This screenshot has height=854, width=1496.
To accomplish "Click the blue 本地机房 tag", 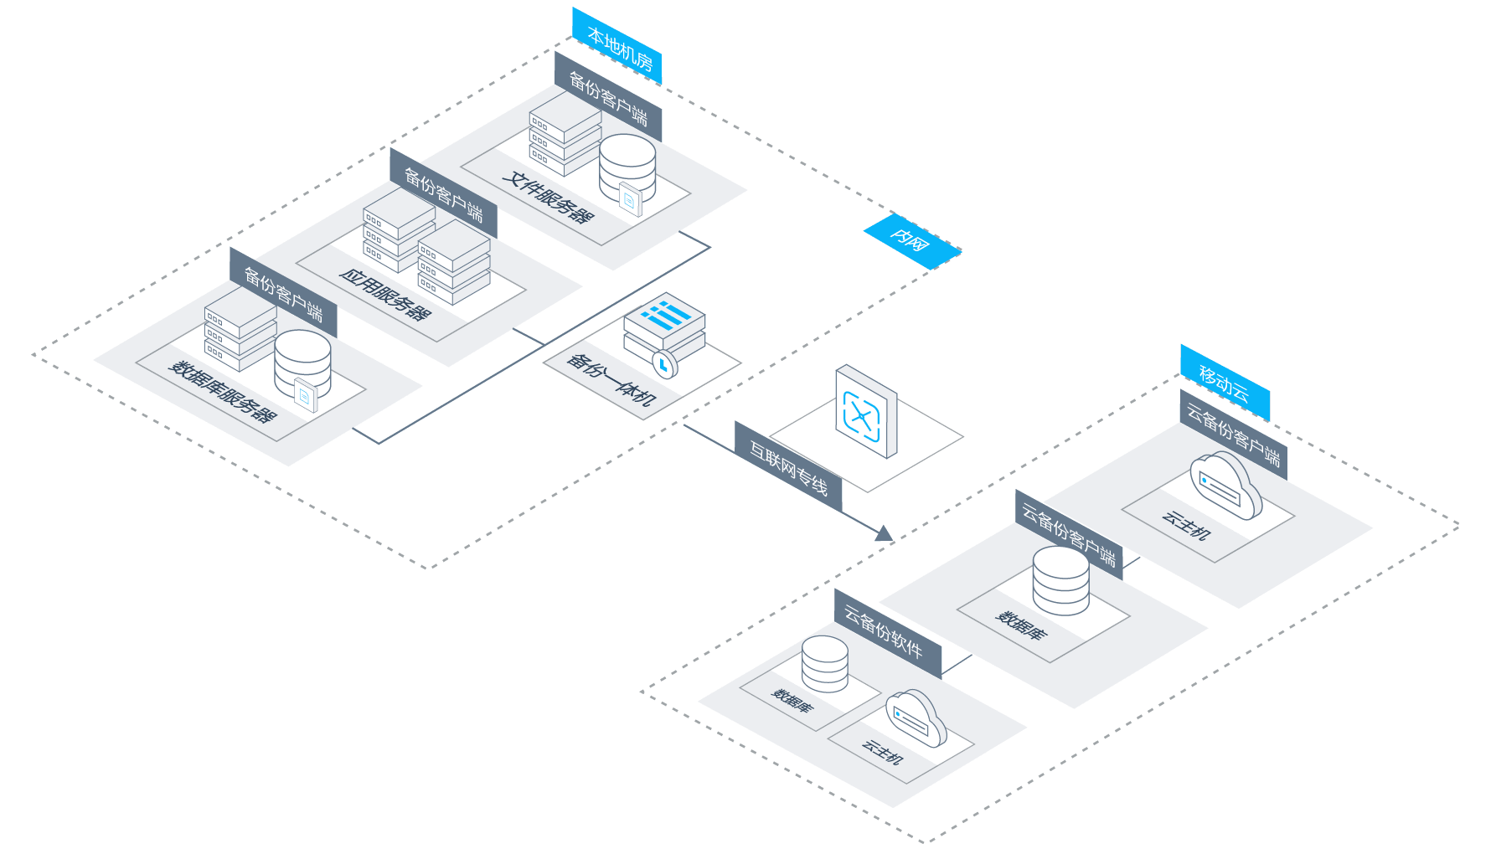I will (617, 47).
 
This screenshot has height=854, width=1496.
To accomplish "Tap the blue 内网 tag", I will (911, 241).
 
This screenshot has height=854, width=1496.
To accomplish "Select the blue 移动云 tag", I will (1225, 383).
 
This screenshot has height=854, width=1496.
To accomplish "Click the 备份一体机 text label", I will (610, 379).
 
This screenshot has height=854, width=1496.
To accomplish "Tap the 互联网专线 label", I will (788, 466).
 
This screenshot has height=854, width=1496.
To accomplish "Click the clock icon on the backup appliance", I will (664, 364).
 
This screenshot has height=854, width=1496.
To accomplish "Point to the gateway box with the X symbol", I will (865, 413).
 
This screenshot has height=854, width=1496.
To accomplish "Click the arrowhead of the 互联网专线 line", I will (884, 533).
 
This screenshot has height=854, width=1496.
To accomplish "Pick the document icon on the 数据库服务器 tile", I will (306, 395).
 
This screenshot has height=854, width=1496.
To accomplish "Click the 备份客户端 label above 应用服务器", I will (443, 193).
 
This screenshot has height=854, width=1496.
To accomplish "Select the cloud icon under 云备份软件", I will (916, 718).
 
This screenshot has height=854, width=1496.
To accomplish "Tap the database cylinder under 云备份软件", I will (825, 662).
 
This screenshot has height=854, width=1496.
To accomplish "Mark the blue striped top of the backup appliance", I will (664, 315).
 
